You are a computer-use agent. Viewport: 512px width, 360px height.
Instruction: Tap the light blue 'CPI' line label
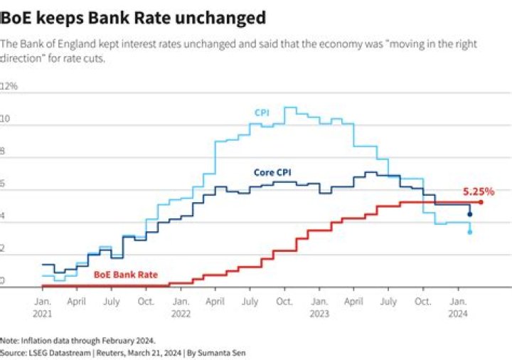click(262, 112)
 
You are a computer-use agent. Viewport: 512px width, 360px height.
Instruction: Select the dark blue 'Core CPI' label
click(272, 172)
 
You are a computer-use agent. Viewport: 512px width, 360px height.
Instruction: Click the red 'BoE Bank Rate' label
click(126, 274)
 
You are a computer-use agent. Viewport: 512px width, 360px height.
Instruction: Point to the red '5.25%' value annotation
click(479, 191)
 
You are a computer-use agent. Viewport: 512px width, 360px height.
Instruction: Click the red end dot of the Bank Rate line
click(481, 202)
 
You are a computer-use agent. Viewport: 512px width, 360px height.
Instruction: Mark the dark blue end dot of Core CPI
click(469, 214)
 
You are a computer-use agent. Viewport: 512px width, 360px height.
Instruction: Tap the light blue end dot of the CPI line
click(469, 232)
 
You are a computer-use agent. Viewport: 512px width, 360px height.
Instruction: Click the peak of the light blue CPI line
click(289, 107)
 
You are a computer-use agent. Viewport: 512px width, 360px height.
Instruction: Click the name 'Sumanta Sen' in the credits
click(223, 352)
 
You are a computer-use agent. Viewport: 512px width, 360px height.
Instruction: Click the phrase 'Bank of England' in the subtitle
click(49, 44)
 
